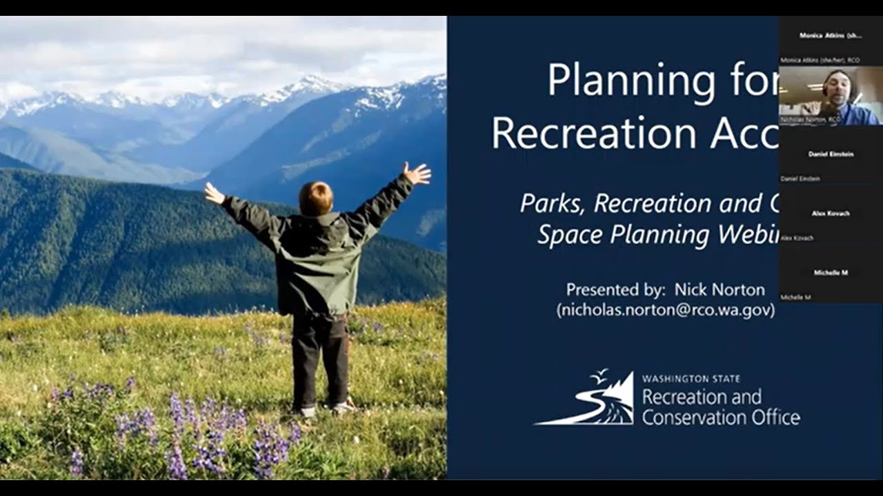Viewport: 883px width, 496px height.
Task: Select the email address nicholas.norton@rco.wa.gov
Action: (x=666, y=310)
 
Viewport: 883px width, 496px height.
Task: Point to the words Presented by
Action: (x=611, y=289)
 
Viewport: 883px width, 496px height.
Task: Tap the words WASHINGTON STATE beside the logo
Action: (x=691, y=379)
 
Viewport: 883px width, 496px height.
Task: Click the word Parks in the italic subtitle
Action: (x=553, y=203)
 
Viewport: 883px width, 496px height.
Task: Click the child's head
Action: (x=317, y=198)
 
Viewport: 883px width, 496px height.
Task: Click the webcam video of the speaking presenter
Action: (x=830, y=96)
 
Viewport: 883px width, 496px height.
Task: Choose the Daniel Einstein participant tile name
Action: (x=831, y=154)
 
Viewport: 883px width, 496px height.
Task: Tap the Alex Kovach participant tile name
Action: (x=831, y=214)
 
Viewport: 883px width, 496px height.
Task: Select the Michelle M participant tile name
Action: (x=831, y=273)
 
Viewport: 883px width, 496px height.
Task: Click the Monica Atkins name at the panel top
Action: (x=831, y=35)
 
